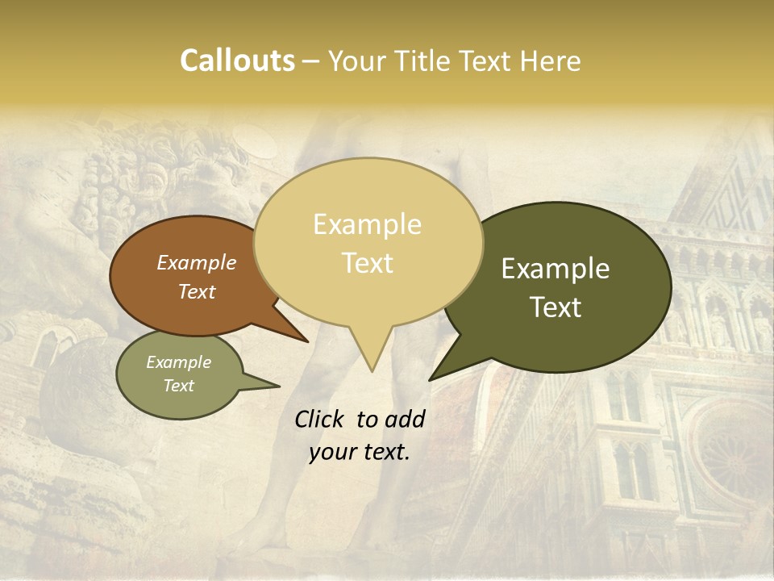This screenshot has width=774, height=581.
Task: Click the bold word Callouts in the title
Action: click(x=237, y=61)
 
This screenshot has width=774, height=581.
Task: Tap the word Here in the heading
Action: click(x=550, y=61)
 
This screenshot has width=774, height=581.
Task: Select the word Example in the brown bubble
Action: click(x=196, y=262)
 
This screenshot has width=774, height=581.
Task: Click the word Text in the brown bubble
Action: click(x=196, y=291)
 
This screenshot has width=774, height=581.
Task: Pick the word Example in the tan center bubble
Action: click(x=367, y=224)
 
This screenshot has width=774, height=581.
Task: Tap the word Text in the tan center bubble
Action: click(x=367, y=263)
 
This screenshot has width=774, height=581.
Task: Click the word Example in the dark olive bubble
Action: click(x=556, y=269)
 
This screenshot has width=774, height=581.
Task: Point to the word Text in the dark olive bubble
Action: click(x=556, y=307)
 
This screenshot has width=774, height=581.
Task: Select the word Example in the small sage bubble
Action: click(x=178, y=362)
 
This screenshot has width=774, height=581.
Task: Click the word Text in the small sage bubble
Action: click(x=178, y=386)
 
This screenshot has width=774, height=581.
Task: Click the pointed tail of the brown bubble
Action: click(x=306, y=341)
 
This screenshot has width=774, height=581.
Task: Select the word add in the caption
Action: click(x=404, y=419)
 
